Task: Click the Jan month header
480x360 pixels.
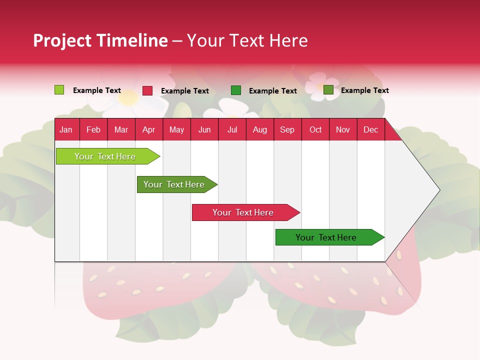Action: (x=66, y=129)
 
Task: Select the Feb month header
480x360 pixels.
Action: (x=93, y=129)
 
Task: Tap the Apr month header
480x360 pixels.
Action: (x=149, y=129)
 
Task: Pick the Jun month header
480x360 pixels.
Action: (x=204, y=129)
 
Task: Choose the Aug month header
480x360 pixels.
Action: (x=260, y=129)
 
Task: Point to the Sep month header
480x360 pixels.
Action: (x=287, y=129)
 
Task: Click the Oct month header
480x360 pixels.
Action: (x=315, y=129)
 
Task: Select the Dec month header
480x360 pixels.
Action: (x=371, y=129)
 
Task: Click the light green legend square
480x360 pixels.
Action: (x=59, y=90)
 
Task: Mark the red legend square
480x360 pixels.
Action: (x=147, y=90)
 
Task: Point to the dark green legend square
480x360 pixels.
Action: (x=236, y=90)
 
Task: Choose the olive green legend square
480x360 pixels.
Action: (x=328, y=90)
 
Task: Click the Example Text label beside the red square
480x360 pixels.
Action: (x=185, y=91)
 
